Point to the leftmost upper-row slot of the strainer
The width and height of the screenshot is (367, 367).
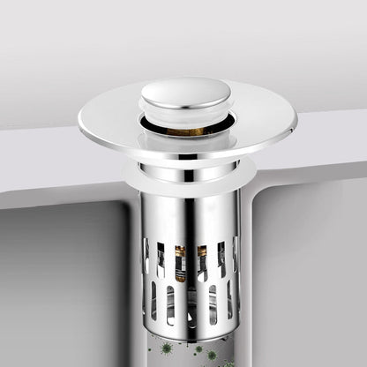coord(146,255)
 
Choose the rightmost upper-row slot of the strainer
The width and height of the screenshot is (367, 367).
coord(234,253)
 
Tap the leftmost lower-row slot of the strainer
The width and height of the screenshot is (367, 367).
coord(151,301)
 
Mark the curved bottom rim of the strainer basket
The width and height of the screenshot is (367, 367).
coord(190,328)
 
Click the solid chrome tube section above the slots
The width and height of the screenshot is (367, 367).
coord(190,216)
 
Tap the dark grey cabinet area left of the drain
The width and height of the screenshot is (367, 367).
coord(62,282)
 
